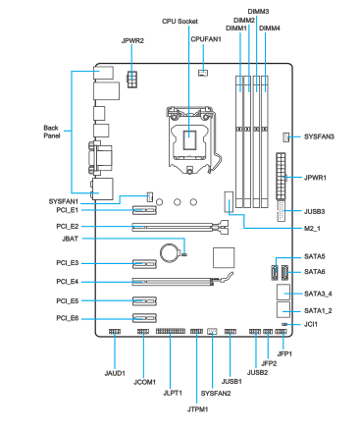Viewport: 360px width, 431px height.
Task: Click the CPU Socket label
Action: pyautogui.click(x=180, y=22)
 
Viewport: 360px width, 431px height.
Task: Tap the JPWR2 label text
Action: pyautogui.click(x=132, y=41)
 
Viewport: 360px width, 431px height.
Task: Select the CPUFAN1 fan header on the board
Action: pyautogui.click(x=203, y=73)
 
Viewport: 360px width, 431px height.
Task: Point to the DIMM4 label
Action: pyautogui.click(x=270, y=28)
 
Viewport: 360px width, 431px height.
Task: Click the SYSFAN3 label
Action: pyautogui.click(x=319, y=136)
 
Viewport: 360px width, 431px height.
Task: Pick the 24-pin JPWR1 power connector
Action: pyautogui.click(x=281, y=177)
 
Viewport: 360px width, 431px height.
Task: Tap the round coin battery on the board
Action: pyautogui.click(x=170, y=252)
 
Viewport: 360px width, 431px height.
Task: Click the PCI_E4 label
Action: pyautogui.click(x=68, y=282)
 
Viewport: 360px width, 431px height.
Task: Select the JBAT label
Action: pyautogui.click(x=70, y=239)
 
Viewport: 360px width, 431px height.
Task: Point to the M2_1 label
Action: pyautogui.click(x=312, y=228)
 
